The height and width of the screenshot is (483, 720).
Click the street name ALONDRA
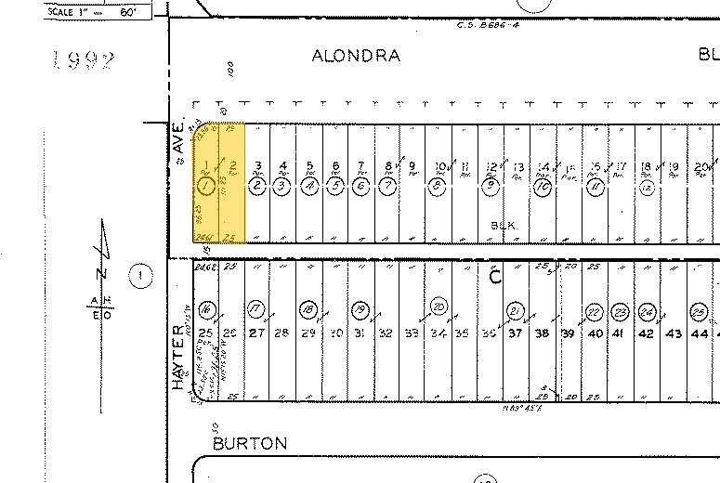pyautogui.click(x=356, y=56)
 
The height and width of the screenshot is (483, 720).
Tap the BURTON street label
pyautogui.click(x=250, y=443)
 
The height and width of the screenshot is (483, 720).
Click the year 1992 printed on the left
pyautogui.click(x=83, y=62)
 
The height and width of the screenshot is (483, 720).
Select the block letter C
pyautogui.click(x=495, y=276)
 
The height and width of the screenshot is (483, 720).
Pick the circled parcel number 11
pyautogui.click(x=596, y=186)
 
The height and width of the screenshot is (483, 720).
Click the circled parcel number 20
pyautogui.click(x=438, y=307)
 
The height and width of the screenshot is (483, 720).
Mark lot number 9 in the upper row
pyautogui.click(x=412, y=167)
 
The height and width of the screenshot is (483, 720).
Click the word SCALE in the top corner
pyautogui.click(x=62, y=11)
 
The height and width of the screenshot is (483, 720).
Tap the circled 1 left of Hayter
pyautogui.click(x=140, y=275)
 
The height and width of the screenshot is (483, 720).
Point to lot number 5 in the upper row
pyautogui.click(x=309, y=166)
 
